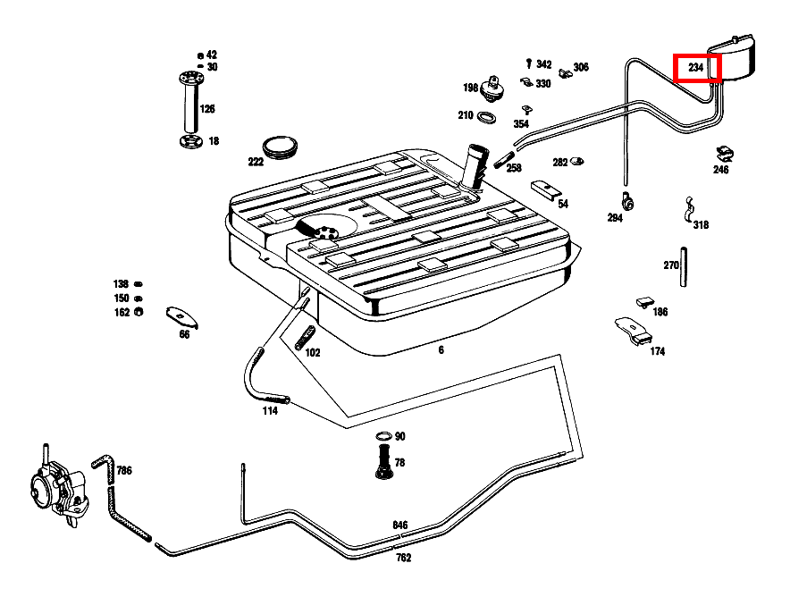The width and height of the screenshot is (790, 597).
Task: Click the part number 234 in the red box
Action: point(696,68)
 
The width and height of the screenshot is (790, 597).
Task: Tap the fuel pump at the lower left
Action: point(58,486)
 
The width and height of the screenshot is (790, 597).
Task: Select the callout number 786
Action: point(124,471)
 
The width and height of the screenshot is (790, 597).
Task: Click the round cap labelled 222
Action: point(280,147)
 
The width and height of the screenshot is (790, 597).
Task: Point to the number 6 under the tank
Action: point(441,349)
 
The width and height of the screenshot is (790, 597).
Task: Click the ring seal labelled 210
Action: point(486,118)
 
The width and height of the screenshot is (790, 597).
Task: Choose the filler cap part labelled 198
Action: point(492,88)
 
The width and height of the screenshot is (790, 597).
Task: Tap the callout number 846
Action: point(400,525)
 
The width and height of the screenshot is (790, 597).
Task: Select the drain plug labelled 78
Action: point(384,463)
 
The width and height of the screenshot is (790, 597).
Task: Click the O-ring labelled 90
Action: point(384,436)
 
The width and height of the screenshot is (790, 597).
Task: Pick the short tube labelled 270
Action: point(683,267)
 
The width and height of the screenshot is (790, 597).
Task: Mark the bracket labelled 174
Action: point(634,330)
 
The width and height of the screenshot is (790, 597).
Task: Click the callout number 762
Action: point(404,558)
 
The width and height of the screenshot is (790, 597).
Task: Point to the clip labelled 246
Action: point(725,154)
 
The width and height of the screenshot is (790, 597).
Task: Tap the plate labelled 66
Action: point(182,316)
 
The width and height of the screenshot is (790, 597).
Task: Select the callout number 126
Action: point(207,109)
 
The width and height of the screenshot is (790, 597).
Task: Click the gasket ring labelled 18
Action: point(191,141)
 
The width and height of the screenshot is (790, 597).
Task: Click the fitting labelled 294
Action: point(627,201)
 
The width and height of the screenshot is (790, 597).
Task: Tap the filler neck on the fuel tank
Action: point(475,167)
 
